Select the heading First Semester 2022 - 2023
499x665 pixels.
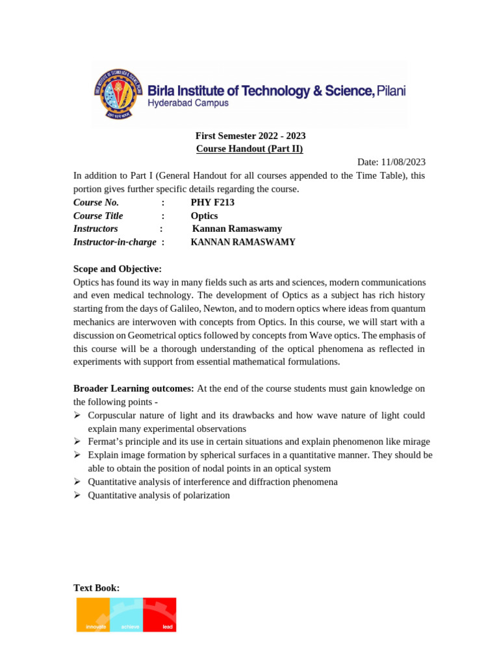click(250, 136)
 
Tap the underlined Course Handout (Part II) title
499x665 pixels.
click(249, 149)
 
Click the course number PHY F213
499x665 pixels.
click(212, 202)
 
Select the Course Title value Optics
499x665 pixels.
click(204, 216)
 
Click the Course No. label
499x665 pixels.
click(96, 202)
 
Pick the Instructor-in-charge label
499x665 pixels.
click(115, 242)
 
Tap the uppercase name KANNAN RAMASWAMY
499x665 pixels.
click(243, 242)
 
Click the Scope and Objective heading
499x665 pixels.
click(118, 269)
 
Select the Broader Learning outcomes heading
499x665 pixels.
click(134, 388)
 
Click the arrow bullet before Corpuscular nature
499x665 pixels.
click(77, 415)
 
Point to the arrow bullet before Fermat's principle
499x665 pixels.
click(77, 442)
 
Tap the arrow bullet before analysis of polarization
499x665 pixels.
click(77, 495)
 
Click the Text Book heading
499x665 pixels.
click(96, 588)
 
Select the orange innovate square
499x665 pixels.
click(93, 614)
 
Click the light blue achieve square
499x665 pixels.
click(126, 614)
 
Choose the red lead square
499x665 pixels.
click(160, 614)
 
